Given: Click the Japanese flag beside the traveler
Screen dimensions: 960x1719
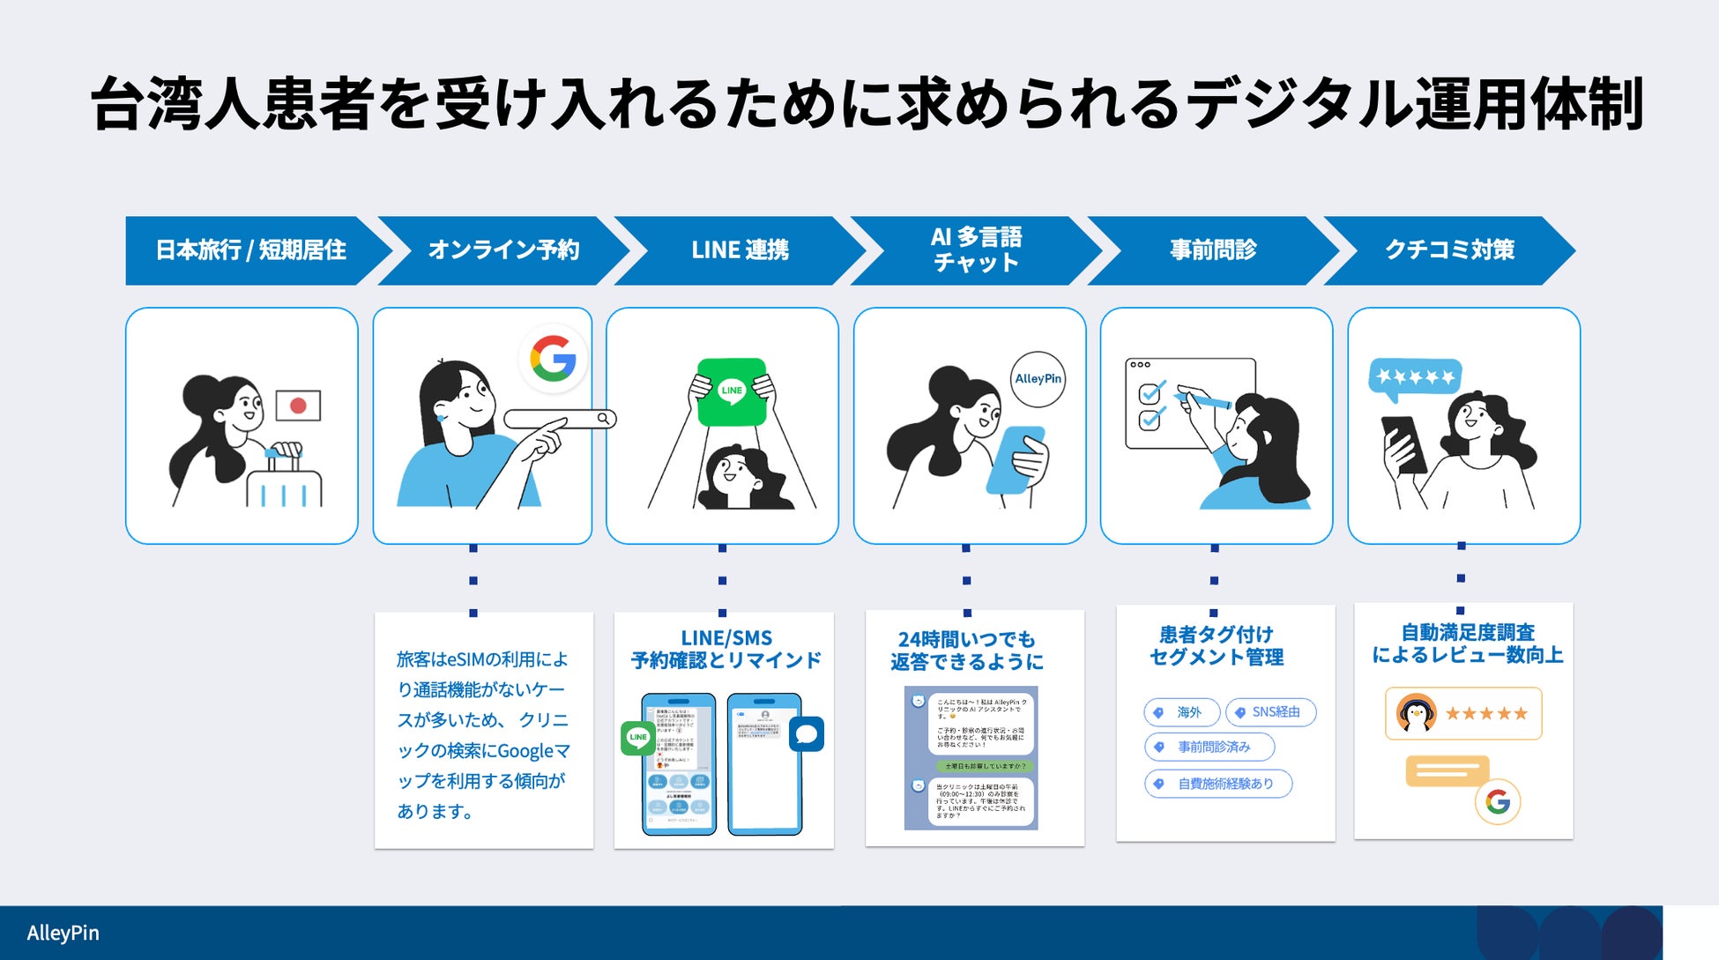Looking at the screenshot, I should coord(298,406).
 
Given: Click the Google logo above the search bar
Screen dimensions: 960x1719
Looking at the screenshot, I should coord(553,359).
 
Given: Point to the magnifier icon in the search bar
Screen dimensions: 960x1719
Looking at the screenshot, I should coord(604,418).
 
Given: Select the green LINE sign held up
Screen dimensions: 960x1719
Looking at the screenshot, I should coord(732,391).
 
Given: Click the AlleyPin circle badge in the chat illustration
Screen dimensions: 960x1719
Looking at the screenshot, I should coord(1038,379).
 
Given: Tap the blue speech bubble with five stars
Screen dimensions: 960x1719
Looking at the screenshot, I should coord(1415,377).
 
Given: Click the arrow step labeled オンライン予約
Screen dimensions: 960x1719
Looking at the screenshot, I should coord(503,250).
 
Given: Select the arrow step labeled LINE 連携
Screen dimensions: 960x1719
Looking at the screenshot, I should coord(740,250).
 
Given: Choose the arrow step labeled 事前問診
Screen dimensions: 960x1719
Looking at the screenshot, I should coord(1213,250).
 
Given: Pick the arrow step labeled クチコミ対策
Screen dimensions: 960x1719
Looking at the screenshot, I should coord(1449,250).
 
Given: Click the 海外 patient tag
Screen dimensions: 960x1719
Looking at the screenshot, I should coord(1181,712).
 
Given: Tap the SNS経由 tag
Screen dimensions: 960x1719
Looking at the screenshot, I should coord(1270,712).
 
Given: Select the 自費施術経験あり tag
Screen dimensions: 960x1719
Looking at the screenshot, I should coord(1218,784).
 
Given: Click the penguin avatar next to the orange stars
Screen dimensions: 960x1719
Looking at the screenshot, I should coord(1416,714).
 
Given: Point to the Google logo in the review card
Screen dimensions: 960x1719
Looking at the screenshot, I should coord(1498,801).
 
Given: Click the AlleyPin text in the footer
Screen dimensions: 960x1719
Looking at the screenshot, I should coord(63,933).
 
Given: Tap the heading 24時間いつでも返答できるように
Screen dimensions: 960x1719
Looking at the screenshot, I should coord(967,651).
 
